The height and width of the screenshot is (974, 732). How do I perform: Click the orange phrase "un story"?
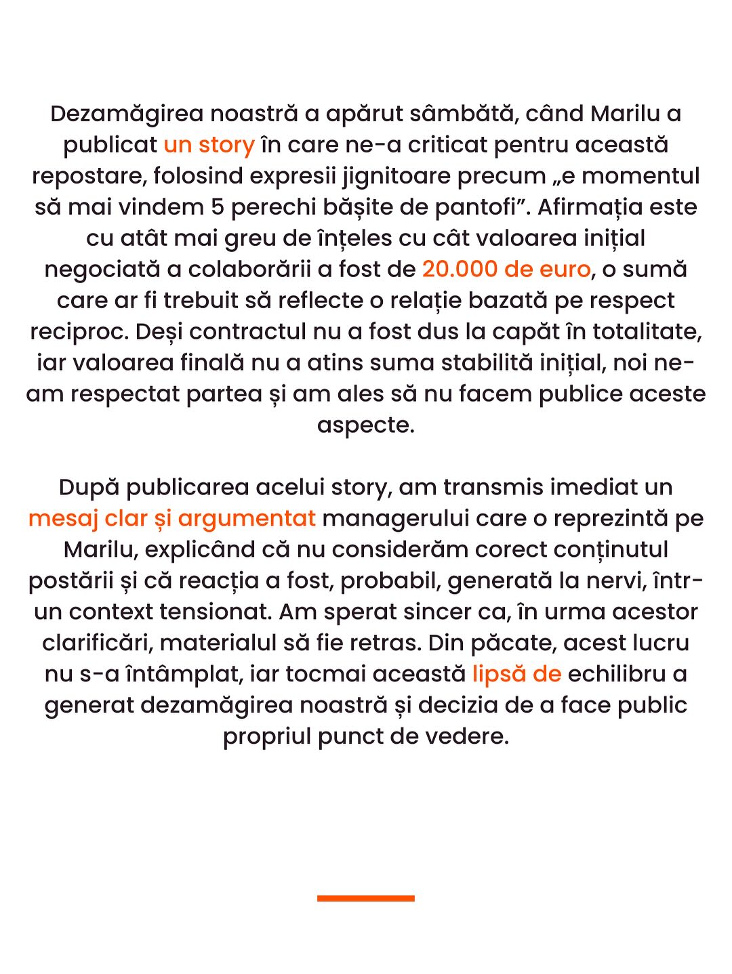(209, 145)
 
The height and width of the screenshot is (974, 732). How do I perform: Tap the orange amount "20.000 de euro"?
(506, 270)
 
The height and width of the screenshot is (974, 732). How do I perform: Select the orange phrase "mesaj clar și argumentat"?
(172, 519)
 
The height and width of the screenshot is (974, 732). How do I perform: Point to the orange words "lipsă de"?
(516, 675)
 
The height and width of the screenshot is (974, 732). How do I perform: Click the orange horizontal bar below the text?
(365, 898)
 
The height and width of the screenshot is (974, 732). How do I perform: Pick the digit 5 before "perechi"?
(217, 207)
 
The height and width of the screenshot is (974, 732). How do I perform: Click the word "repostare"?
(87, 176)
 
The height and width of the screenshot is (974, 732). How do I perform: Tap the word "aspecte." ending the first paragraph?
(365, 425)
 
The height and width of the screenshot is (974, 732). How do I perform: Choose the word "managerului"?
(396, 519)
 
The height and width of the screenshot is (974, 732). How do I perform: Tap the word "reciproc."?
(79, 332)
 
